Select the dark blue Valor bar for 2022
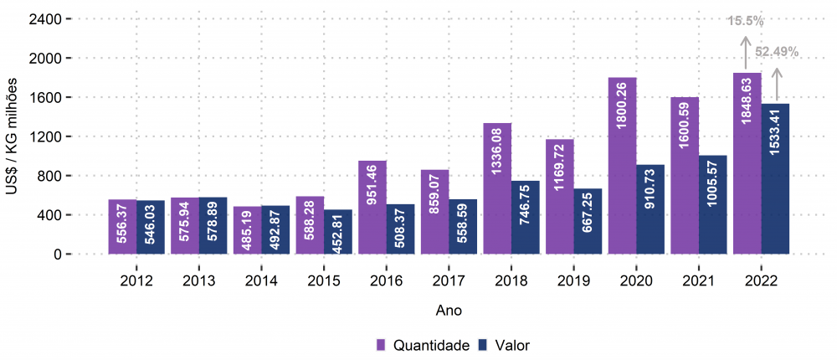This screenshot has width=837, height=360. tap(776, 179)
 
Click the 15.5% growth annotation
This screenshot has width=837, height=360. tap(744, 21)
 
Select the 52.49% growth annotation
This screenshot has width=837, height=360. tap(777, 52)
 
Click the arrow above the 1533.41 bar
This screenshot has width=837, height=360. tap(776, 85)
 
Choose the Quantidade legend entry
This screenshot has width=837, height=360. tap(423, 345)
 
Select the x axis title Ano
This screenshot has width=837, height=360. tap(449, 310)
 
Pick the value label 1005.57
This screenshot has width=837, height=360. tap(713, 204)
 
